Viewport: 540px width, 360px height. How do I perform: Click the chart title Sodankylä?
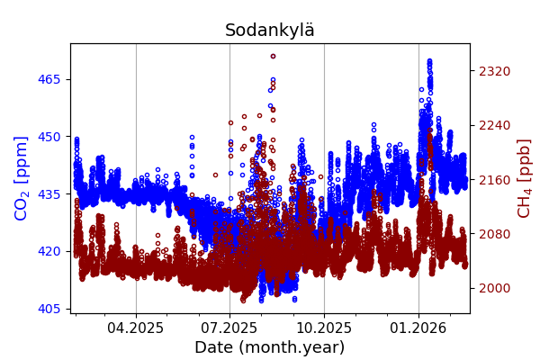[x=270, y=31]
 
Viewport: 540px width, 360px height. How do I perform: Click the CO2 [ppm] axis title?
[x=22, y=178]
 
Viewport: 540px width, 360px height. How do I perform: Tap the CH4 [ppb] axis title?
[x=524, y=178]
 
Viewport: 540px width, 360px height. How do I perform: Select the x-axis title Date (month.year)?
[x=270, y=347]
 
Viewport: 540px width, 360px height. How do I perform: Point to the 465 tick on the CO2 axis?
[x=50, y=79]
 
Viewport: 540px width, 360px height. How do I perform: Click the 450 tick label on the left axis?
[x=50, y=137]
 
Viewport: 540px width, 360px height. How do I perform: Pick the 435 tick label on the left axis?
[x=50, y=193]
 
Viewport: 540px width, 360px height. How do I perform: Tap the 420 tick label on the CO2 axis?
[x=50, y=251]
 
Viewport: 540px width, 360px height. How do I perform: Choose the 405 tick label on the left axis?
[x=50, y=309]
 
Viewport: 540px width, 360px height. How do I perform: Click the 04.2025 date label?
[x=136, y=328]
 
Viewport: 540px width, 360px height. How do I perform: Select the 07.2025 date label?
[x=229, y=328]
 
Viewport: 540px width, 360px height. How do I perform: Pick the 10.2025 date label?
[x=324, y=328]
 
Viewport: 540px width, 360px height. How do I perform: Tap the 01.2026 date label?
[x=418, y=328]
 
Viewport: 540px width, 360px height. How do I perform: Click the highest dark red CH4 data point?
[x=273, y=56]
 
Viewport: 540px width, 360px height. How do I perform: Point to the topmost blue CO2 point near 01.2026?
[x=429, y=61]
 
